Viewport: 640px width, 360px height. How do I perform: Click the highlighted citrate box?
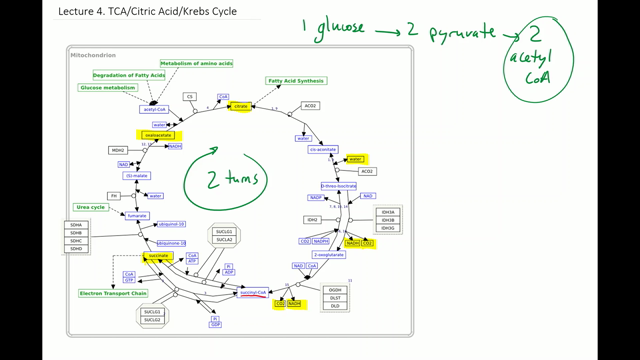pyautogui.click(x=240, y=106)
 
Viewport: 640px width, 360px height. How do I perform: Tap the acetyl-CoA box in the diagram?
pyautogui.click(x=153, y=110)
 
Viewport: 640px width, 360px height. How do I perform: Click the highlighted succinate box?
pyautogui.click(x=157, y=257)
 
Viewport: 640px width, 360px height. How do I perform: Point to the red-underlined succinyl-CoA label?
pyautogui.click(x=254, y=292)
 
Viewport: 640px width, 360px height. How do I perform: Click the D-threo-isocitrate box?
pyautogui.click(x=338, y=186)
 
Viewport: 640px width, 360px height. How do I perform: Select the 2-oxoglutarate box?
pyautogui.click(x=329, y=255)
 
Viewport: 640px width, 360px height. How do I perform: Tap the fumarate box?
pyautogui.click(x=137, y=215)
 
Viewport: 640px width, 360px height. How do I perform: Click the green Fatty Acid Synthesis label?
pyautogui.click(x=296, y=81)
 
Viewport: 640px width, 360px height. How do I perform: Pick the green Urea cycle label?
pyautogui.click(x=90, y=207)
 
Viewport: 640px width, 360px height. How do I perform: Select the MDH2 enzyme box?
pyautogui.click(x=118, y=150)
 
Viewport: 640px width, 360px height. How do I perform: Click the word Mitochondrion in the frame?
pyautogui.click(x=95, y=53)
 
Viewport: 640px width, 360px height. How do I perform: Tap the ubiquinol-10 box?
pyautogui.click(x=172, y=225)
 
